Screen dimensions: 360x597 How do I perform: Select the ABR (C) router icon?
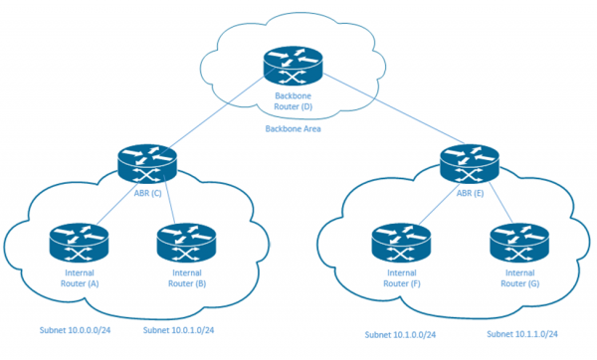[146, 160]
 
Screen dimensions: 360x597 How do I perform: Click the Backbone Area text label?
[294, 129]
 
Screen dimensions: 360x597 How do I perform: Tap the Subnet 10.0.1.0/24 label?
[179, 330]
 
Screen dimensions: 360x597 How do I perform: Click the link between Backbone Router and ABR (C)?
[219, 114]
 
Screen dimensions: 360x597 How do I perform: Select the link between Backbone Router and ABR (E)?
[383, 114]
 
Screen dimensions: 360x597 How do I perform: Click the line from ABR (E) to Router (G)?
[492, 207]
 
